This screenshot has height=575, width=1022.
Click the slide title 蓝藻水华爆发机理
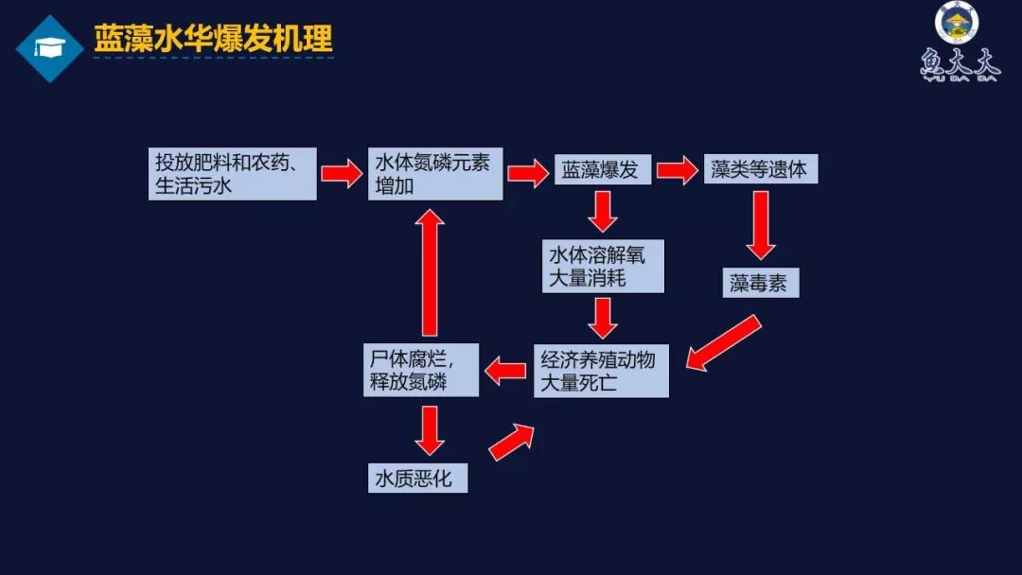(213, 40)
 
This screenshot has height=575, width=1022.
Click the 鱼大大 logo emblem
(958, 43)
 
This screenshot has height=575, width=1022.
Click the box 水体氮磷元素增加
(435, 174)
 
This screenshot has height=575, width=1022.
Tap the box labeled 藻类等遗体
(760, 170)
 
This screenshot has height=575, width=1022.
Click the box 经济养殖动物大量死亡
(601, 371)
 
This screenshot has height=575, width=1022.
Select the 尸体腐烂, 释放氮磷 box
(422, 371)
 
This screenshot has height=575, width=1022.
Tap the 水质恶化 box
(416, 479)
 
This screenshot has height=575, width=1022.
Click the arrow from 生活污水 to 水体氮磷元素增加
(342, 173)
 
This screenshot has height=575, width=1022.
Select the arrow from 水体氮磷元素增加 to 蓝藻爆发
(528, 173)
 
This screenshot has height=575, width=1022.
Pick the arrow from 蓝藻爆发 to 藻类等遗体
(677, 171)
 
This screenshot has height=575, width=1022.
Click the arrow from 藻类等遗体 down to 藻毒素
(760, 225)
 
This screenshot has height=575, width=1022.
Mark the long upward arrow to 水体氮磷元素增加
(431, 272)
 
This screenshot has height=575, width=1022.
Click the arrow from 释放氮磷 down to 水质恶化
(430, 430)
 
